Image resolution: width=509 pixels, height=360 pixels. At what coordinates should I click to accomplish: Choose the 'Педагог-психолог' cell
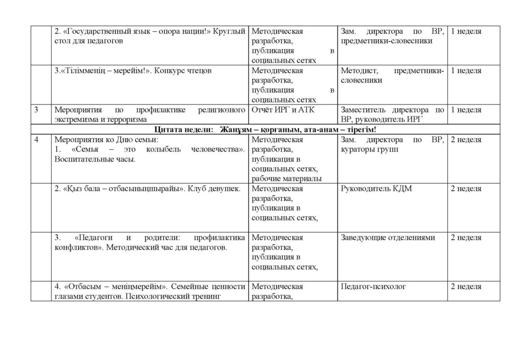pos(373,287)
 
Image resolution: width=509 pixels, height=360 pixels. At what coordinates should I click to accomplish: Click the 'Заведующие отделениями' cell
pos(388,238)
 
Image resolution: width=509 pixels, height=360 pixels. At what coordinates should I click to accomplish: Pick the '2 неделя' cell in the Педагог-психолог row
pos(465,287)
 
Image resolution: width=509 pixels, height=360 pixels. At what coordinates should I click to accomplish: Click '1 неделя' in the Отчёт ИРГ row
pos(465,110)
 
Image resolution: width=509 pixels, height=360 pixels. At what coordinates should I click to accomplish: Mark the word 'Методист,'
pos(358,71)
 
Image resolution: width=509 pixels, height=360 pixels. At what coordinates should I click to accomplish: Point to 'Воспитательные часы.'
pos(94,159)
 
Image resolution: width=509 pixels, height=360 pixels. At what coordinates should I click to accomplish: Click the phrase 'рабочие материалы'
pos(286,179)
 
